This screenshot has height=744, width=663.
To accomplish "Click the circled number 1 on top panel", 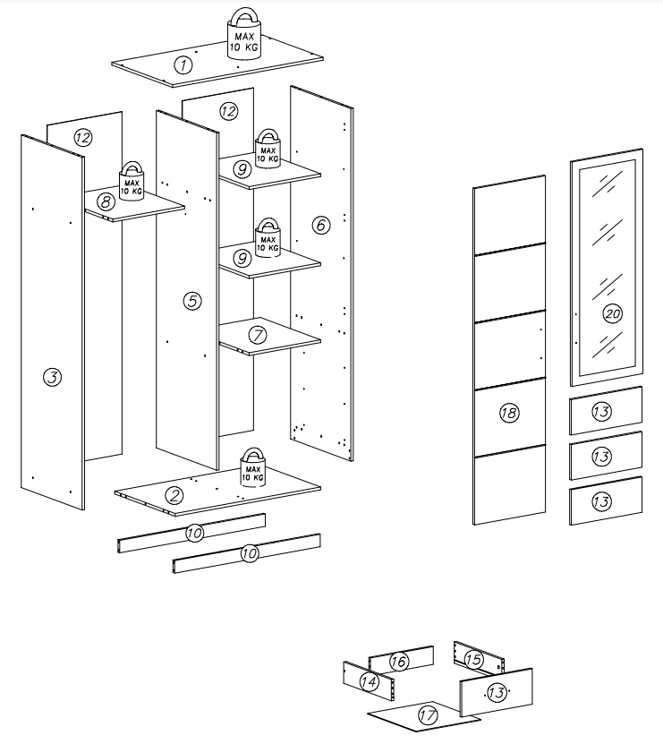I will (x=183, y=64).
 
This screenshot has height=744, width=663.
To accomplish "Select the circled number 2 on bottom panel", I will (x=174, y=493).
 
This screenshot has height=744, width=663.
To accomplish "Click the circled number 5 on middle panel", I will (x=191, y=301).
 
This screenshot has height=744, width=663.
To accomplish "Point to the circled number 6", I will (x=320, y=225).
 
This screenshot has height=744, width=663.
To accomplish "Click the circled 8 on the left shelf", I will (x=106, y=202).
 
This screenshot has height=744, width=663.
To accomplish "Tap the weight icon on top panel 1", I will (x=242, y=35).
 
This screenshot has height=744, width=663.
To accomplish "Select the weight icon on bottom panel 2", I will (x=251, y=468).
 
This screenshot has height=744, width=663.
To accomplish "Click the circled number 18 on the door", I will (x=508, y=413).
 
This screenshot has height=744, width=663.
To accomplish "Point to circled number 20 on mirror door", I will (x=612, y=314).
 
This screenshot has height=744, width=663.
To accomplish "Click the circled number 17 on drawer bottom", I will (x=427, y=715).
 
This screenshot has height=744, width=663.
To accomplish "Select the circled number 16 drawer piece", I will (x=399, y=662).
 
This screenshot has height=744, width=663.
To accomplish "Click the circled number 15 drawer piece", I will (x=474, y=660).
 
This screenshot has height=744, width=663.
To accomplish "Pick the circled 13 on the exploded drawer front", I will (x=497, y=691).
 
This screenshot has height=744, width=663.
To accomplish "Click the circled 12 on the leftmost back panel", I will (x=82, y=138).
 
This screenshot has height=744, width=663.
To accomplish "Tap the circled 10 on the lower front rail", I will (x=250, y=554).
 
